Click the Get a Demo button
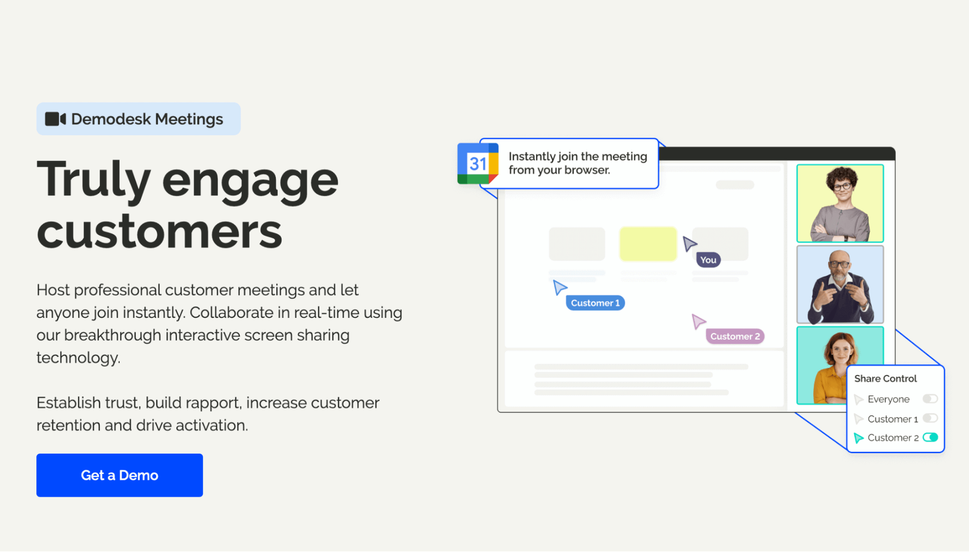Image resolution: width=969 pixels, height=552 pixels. click(120, 475)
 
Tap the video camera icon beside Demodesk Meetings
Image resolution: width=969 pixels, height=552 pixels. click(56, 119)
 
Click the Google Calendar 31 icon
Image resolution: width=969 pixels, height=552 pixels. click(477, 163)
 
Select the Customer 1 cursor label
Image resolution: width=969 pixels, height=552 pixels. click(595, 303)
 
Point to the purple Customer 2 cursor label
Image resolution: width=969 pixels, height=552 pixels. click(735, 337)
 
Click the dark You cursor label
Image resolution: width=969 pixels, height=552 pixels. click(708, 260)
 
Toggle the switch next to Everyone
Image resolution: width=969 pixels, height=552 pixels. click(930, 399)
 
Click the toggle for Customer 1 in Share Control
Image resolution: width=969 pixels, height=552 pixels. click(930, 419)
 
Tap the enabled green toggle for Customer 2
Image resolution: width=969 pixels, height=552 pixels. click(930, 437)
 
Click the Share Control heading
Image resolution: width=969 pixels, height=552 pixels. click(885, 378)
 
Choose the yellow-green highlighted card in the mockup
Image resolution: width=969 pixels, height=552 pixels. click(648, 244)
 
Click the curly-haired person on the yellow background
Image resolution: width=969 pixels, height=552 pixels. click(840, 203)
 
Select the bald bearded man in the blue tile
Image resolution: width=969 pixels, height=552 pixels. click(840, 285)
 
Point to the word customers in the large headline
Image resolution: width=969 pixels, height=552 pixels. click(159, 232)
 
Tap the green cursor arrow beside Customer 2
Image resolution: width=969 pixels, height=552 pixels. click(858, 438)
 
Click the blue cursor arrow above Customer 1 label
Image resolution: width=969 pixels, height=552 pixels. click(559, 288)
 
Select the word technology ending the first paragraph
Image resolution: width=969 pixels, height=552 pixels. click(77, 358)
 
